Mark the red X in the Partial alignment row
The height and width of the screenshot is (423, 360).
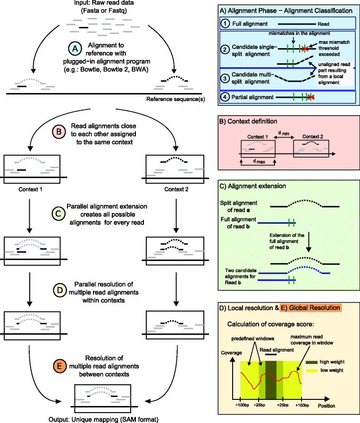point(310,97)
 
